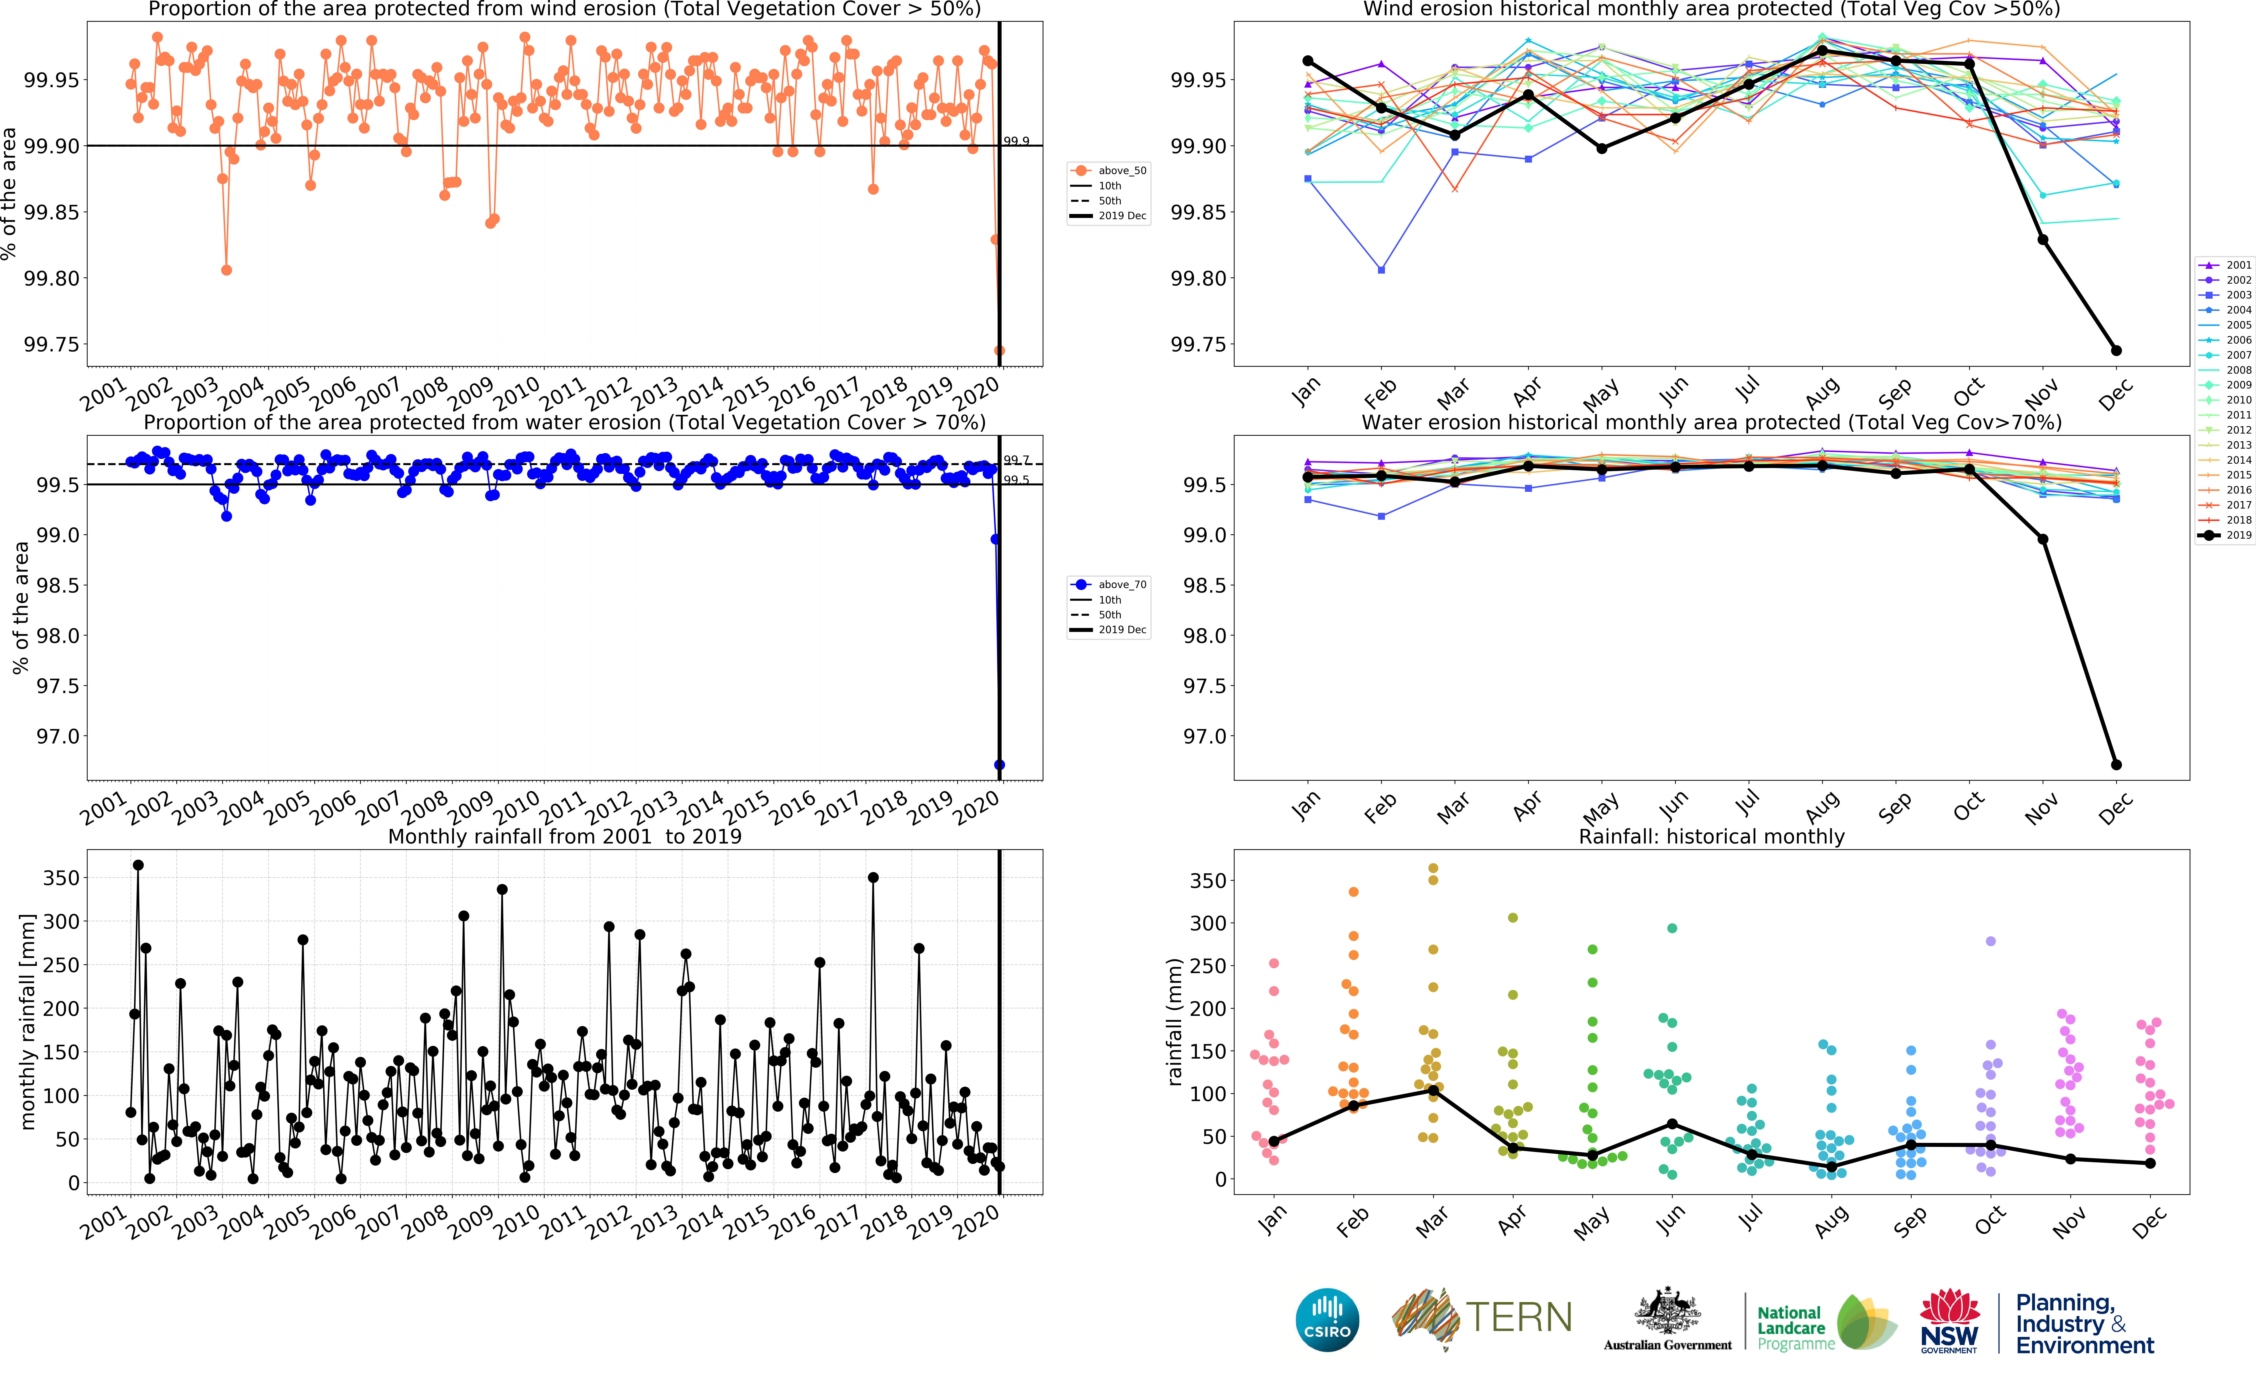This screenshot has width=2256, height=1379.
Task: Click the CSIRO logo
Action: pyautogui.click(x=1327, y=1320)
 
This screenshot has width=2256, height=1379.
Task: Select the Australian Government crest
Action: pyautogui.click(x=1667, y=1311)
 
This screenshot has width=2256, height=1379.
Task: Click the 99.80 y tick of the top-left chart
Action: pyautogui.click(x=51, y=278)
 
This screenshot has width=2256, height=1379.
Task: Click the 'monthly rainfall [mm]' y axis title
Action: pyautogui.click(x=27, y=1021)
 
